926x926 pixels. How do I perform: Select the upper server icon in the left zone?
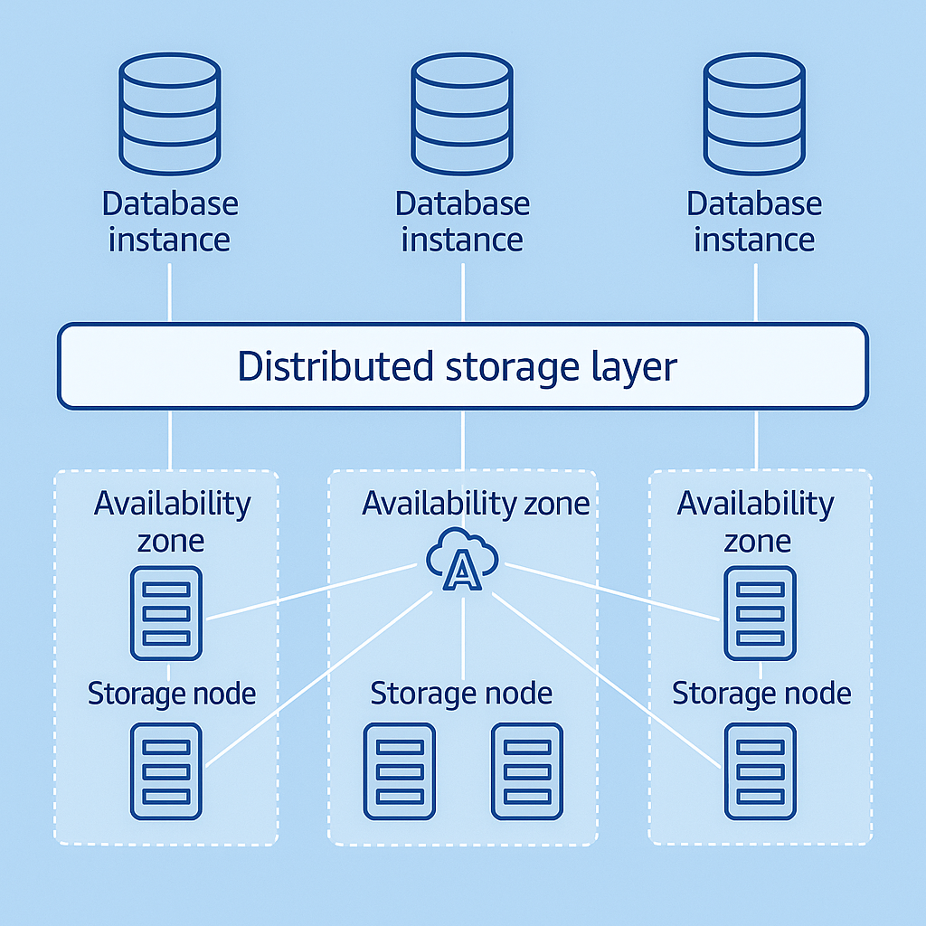tap(166, 612)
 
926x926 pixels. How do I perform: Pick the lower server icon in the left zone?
tap(166, 770)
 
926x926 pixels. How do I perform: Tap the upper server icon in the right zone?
tap(760, 612)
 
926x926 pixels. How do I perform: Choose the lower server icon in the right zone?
tap(760, 770)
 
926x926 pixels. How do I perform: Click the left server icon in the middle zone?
tap(399, 770)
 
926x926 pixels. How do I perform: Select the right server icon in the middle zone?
tap(527, 770)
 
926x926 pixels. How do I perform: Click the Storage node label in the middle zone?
tap(461, 694)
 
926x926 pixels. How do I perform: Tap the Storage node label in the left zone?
tap(172, 694)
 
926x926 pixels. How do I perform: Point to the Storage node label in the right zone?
tap(761, 694)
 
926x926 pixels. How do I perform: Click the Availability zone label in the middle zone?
tap(476, 504)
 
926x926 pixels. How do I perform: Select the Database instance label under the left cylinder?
tap(170, 222)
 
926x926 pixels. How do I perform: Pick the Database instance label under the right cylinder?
tap(754, 222)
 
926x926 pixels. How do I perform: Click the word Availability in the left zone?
tap(172, 503)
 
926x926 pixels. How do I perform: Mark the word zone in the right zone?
tap(758, 542)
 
